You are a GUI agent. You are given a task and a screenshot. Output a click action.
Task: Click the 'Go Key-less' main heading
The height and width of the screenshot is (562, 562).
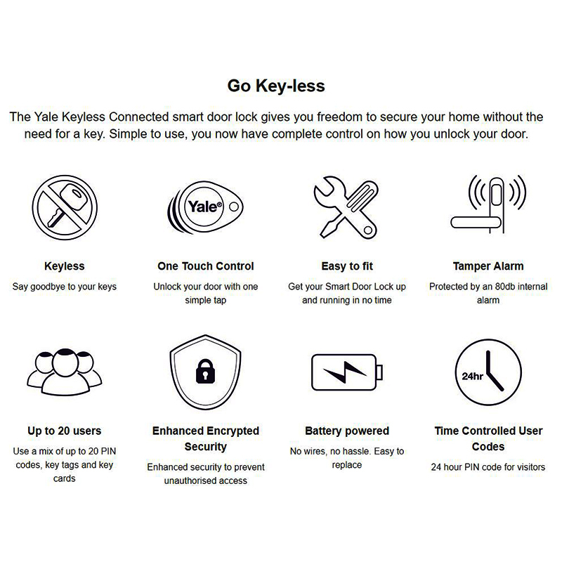click(276, 86)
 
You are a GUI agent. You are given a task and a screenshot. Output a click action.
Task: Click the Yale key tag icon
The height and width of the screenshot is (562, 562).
click(200, 207)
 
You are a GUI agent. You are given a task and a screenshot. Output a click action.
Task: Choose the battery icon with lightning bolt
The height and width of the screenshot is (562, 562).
click(347, 372)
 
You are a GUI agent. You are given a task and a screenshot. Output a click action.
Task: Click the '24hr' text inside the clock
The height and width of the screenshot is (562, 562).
click(471, 375)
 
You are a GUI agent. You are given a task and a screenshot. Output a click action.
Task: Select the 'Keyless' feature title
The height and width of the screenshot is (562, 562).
click(65, 266)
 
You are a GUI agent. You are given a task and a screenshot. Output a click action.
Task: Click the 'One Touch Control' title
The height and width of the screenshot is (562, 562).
click(206, 266)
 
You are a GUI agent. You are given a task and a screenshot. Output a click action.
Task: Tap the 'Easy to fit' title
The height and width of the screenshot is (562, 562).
click(347, 266)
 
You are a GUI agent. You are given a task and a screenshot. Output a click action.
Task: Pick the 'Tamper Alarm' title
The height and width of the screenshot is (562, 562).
click(488, 266)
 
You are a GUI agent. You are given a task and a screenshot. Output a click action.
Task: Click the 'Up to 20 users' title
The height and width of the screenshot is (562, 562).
click(65, 431)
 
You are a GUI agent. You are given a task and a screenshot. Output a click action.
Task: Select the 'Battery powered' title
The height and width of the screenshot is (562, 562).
click(347, 431)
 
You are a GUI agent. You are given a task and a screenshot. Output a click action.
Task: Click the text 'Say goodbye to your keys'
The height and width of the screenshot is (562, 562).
click(65, 287)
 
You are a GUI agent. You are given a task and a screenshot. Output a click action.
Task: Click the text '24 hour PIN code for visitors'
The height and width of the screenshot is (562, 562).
click(488, 466)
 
